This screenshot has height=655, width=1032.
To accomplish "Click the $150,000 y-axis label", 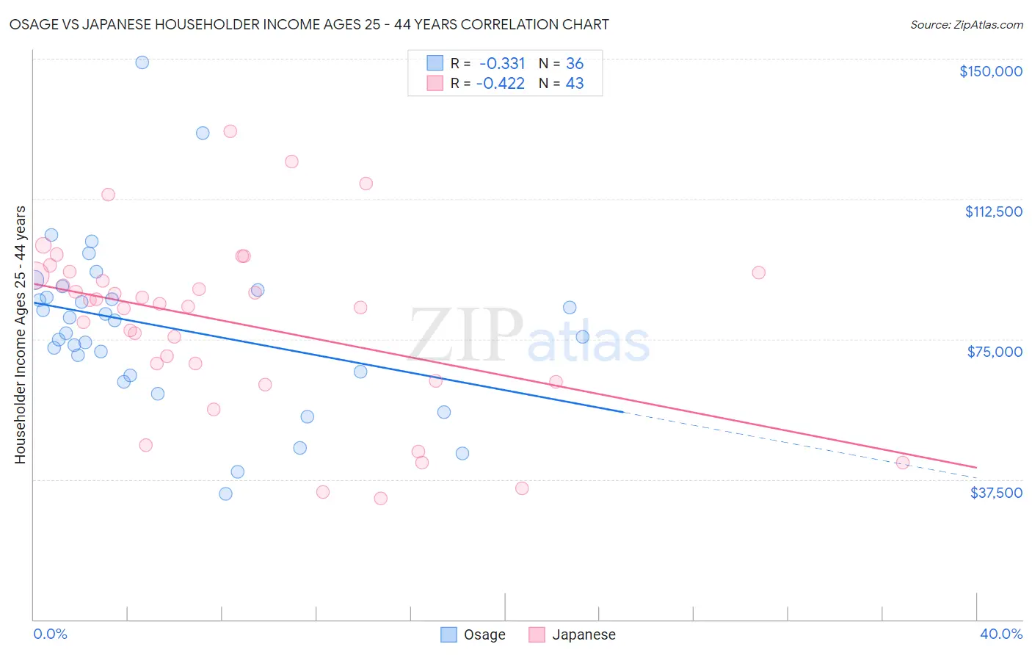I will point(990,71).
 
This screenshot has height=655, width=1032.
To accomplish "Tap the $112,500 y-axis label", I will point(993,211).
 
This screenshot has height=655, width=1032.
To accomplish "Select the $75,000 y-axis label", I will point(995,352).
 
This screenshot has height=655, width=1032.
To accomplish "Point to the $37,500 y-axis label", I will point(996,493).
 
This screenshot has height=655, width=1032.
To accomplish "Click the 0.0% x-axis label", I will point(50,634).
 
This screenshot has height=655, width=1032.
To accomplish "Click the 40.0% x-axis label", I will point(1000,634).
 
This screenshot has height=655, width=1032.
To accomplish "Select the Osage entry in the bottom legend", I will point(473,634).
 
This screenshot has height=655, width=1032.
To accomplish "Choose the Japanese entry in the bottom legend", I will point(573,634).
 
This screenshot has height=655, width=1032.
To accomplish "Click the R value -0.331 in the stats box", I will point(502,64).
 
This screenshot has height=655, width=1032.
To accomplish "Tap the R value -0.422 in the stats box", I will point(501,84).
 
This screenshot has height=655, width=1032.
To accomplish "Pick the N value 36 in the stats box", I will point(575,64).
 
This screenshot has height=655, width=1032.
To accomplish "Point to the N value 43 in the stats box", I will point(575,84).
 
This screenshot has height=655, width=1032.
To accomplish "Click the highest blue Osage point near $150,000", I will point(142,62).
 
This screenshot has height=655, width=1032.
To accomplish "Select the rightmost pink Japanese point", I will point(903,463).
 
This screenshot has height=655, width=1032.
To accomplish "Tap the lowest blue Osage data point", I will point(225,493).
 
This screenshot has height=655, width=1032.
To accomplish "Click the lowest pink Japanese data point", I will point(380,499).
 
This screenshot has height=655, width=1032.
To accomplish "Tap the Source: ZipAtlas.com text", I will point(966,25).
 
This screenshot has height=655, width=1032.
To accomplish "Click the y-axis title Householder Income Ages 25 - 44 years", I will point(21,335).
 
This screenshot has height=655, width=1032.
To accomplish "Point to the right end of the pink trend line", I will point(976,467).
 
